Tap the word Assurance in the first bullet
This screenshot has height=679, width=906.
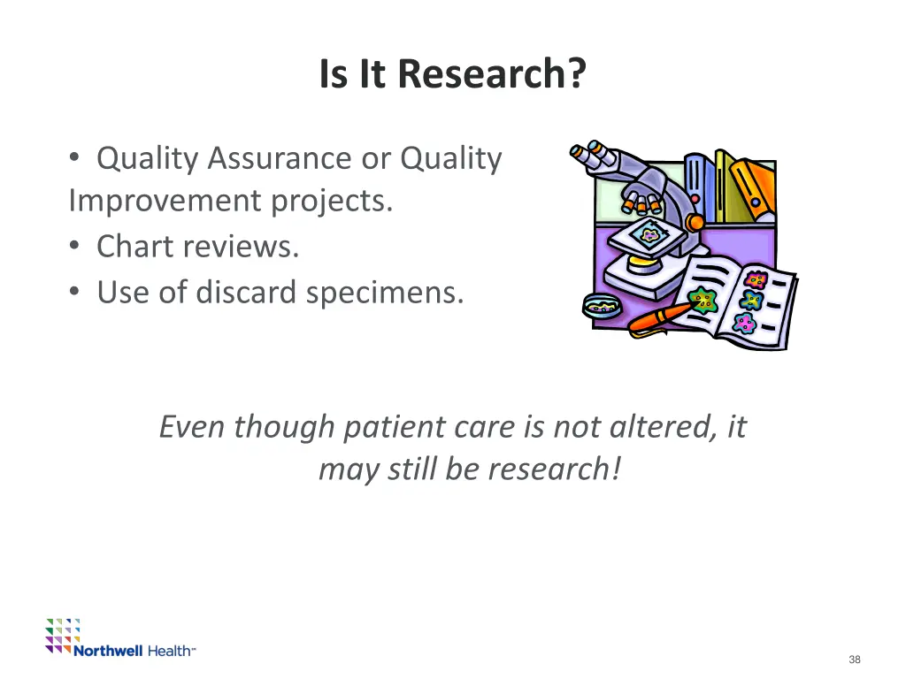click(280, 158)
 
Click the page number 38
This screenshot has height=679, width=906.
click(854, 660)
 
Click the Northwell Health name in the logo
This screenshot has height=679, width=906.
click(134, 651)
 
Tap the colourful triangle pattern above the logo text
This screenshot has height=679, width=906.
click(63, 632)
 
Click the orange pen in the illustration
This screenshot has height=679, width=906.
click(659, 317)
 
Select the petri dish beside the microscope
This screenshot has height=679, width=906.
click(603, 305)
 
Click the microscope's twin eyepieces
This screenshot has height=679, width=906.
click(590, 156)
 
